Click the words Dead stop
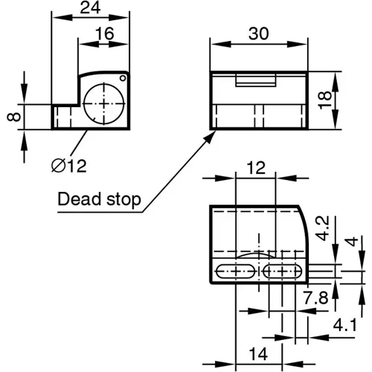[x=98, y=201]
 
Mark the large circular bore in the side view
[x=104, y=103]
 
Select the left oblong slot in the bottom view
[x=236, y=272]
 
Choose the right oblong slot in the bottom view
[x=280, y=272]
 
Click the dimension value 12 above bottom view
[x=255, y=169]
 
